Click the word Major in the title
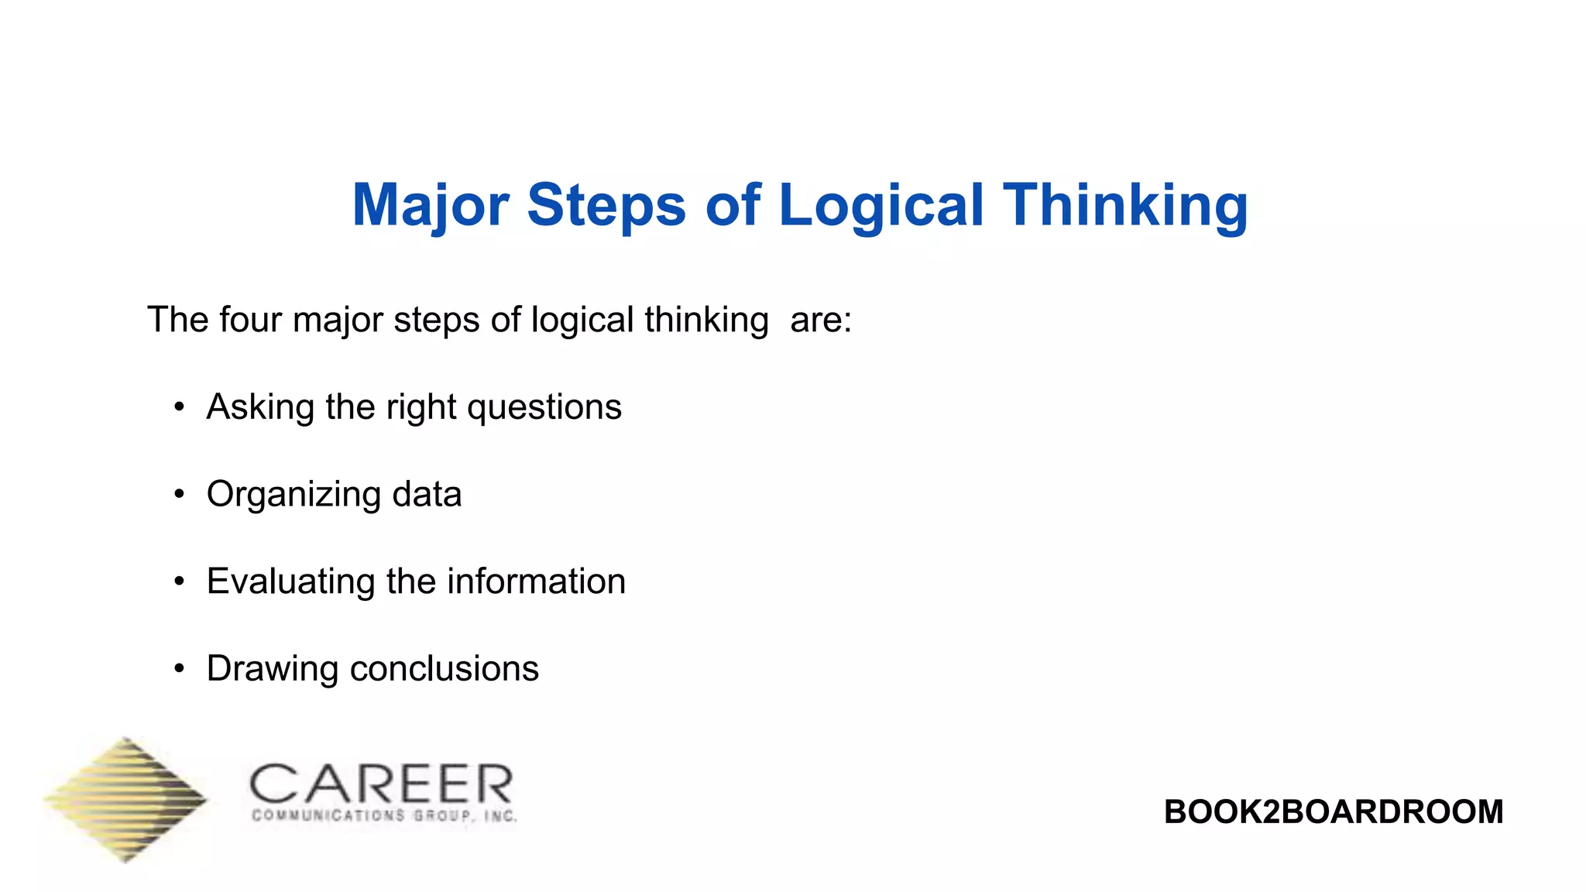click(x=430, y=205)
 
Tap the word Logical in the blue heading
click(x=881, y=205)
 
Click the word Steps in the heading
click(x=606, y=205)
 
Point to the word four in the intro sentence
click(x=250, y=320)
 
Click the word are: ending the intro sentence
click(x=820, y=320)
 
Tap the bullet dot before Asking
click(x=180, y=407)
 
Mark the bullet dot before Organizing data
click(x=180, y=495)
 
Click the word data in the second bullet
click(x=427, y=495)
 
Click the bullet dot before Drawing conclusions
click(x=180, y=669)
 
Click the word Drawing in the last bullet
click(x=272, y=669)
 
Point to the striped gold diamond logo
click(x=126, y=799)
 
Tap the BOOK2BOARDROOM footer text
click(x=1333, y=812)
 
